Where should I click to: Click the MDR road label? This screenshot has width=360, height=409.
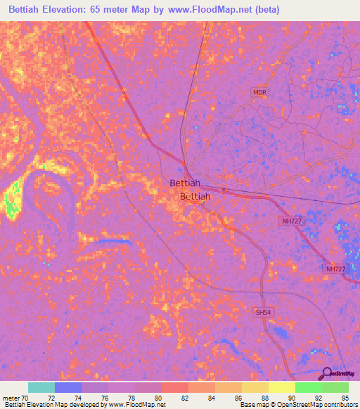point(260,92)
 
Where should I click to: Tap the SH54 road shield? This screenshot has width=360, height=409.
point(262,311)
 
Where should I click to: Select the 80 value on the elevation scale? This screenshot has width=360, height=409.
point(162,398)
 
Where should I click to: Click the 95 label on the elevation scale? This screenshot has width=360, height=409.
point(345,398)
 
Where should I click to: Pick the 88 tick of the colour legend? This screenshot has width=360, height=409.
point(269,398)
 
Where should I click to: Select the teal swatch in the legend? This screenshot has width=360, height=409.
point(41,387)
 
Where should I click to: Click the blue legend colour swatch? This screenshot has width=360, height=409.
point(68,387)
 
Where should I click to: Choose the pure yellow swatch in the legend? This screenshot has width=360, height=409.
point(282,387)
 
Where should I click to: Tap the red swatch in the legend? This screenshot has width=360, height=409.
point(175,387)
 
